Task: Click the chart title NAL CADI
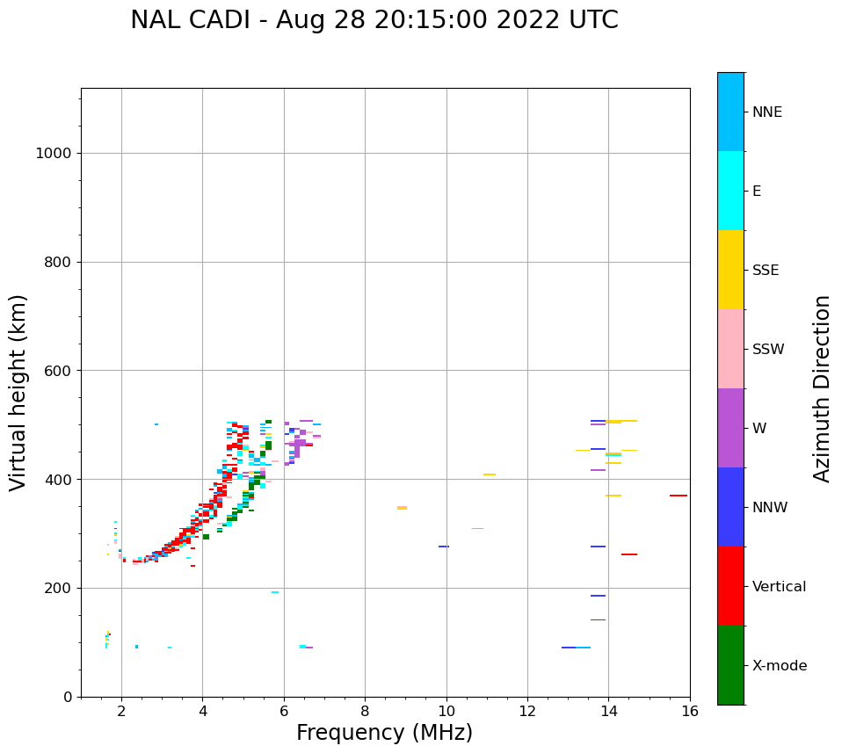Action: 374,20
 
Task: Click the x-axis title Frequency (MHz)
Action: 384,733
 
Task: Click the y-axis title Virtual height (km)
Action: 18,393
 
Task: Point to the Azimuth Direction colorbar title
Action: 822,388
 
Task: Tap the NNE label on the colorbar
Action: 766,112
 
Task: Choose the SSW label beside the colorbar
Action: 767,350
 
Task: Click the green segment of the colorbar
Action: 730,665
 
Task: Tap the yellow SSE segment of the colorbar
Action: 730,270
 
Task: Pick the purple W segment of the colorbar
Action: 730,428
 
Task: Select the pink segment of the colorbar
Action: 730,349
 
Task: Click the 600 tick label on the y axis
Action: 57,371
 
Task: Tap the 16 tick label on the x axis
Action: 690,711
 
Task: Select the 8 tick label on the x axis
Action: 365,711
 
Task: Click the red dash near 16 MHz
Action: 678,496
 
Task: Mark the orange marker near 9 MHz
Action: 402,508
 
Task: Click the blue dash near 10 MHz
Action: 444,547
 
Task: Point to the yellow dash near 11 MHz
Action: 489,474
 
